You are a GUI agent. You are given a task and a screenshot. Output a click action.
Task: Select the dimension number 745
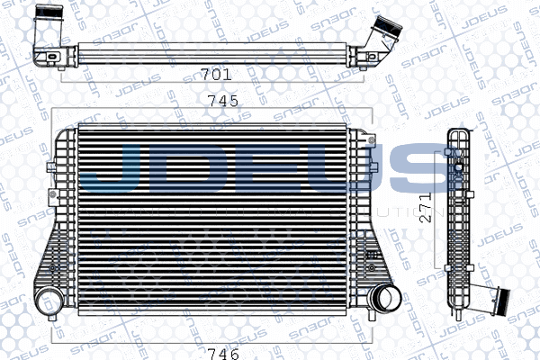point(220,101)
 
